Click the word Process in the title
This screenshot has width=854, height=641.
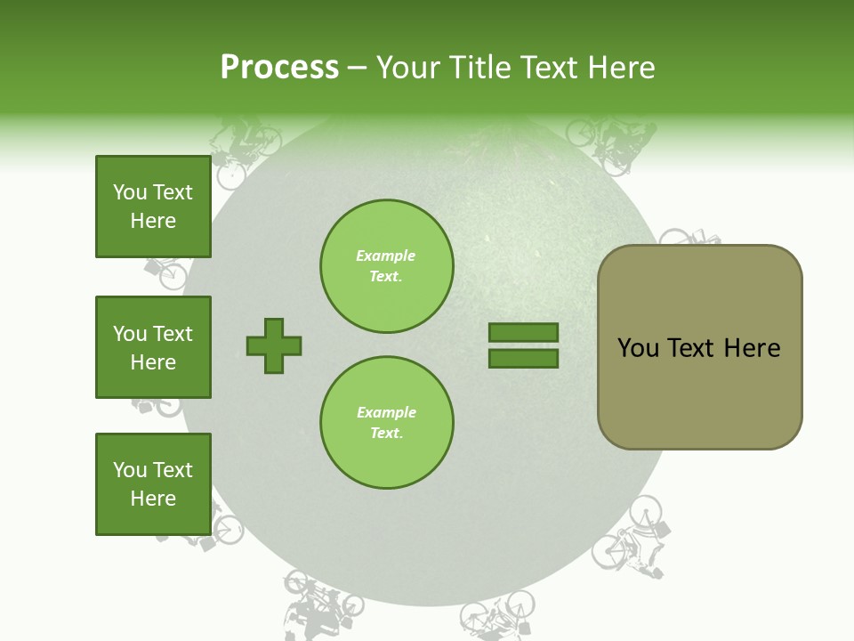(x=279, y=68)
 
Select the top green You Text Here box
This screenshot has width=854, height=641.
(x=153, y=207)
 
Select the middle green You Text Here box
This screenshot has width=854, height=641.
(x=153, y=347)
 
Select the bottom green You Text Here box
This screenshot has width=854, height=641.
(x=153, y=484)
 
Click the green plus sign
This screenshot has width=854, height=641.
(x=274, y=345)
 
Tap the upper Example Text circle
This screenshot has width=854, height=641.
(x=387, y=266)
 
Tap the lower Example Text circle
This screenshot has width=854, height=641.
(x=387, y=423)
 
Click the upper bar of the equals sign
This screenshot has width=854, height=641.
(x=523, y=333)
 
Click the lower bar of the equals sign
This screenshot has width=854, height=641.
(x=523, y=359)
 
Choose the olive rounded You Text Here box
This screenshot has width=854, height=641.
(x=699, y=347)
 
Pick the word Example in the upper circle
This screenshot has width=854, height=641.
(x=386, y=256)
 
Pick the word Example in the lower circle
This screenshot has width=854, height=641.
(x=386, y=413)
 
